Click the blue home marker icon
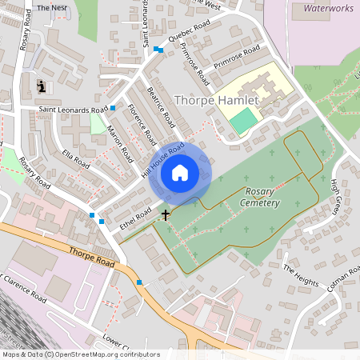(180, 172)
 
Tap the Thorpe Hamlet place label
(216, 101)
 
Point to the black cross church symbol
(166, 214)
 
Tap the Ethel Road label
(134, 217)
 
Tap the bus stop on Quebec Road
(160, 50)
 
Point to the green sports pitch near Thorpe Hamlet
(243, 121)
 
